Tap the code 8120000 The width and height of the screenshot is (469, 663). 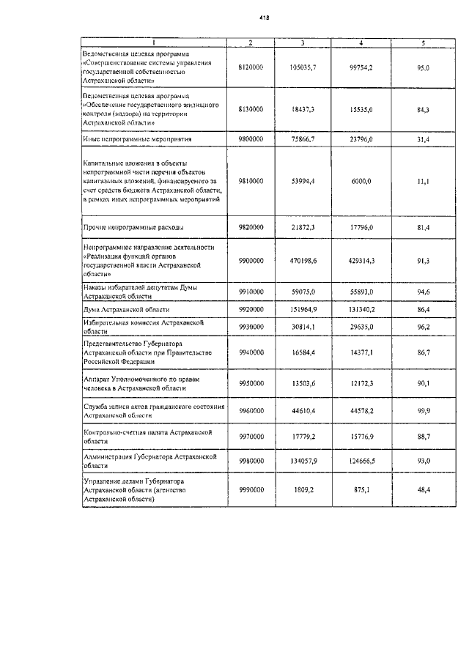point(251,67)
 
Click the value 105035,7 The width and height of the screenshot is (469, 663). point(302,67)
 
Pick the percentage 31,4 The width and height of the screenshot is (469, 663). point(423,138)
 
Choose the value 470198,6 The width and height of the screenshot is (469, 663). point(302,260)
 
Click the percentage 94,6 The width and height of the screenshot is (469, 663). point(423,292)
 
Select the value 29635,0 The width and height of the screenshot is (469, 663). point(361,326)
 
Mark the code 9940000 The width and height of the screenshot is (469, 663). point(251,352)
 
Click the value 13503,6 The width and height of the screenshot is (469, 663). point(302,382)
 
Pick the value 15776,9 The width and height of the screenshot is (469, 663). point(361,438)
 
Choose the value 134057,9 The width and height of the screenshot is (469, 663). point(302,462)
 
